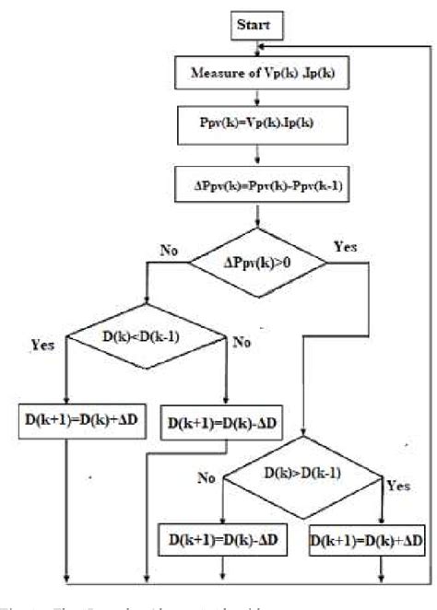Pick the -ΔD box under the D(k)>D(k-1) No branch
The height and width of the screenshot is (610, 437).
click(222, 540)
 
